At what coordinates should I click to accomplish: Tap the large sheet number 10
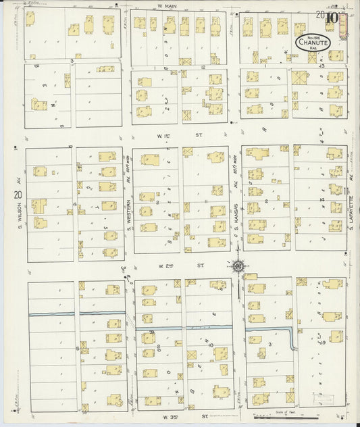point(331,18)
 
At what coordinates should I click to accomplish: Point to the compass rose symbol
point(239,266)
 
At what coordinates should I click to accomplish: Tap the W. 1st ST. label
point(178,135)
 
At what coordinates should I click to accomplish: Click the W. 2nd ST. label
point(178,266)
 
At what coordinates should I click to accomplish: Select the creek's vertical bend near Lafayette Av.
point(293,338)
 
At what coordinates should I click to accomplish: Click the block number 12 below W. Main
point(202,68)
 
